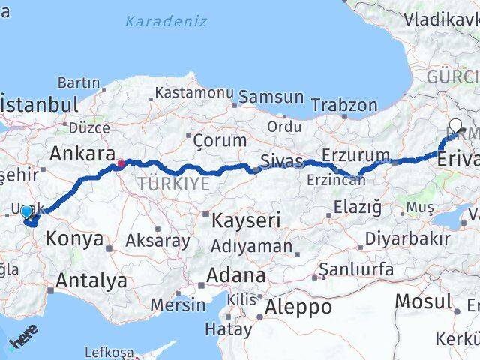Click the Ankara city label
click(x=77, y=154)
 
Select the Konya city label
click(x=74, y=239)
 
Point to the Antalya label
click(x=91, y=281)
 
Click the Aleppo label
click(x=298, y=307)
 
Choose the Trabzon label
click(x=344, y=104)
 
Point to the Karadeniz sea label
click(x=166, y=21)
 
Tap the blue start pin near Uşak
click(x=27, y=213)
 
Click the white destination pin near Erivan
click(x=455, y=126)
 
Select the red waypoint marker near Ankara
click(x=121, y=161)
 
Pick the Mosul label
click(x=423, y=301)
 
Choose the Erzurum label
click(x=352, y=154)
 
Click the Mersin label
click(x=177, y=304)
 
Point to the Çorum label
click(x=220, y=140)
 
